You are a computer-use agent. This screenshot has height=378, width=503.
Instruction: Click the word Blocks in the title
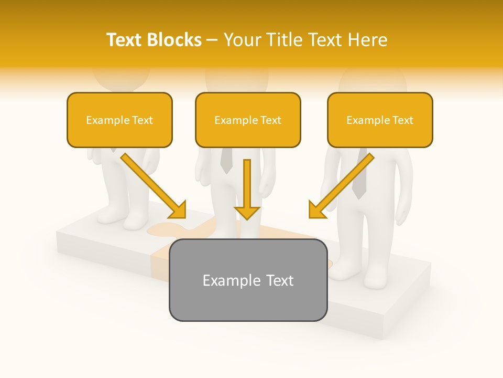(175, 40)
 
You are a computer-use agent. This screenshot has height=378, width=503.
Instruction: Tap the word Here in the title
(367, 40)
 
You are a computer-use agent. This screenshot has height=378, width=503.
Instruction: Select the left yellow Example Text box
(119, 120)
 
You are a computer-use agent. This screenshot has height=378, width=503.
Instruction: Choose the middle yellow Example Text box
(248, 120)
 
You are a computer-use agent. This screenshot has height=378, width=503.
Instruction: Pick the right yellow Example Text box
(380, 120)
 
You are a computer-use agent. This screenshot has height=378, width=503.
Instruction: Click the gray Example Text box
(248, 280)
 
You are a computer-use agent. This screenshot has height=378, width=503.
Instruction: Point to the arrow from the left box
(153, 185)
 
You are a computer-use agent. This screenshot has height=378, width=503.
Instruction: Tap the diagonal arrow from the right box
(341, 185)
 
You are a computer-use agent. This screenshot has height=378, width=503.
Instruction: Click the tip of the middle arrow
(247, 216)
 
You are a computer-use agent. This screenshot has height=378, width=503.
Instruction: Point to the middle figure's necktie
(226, 160)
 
